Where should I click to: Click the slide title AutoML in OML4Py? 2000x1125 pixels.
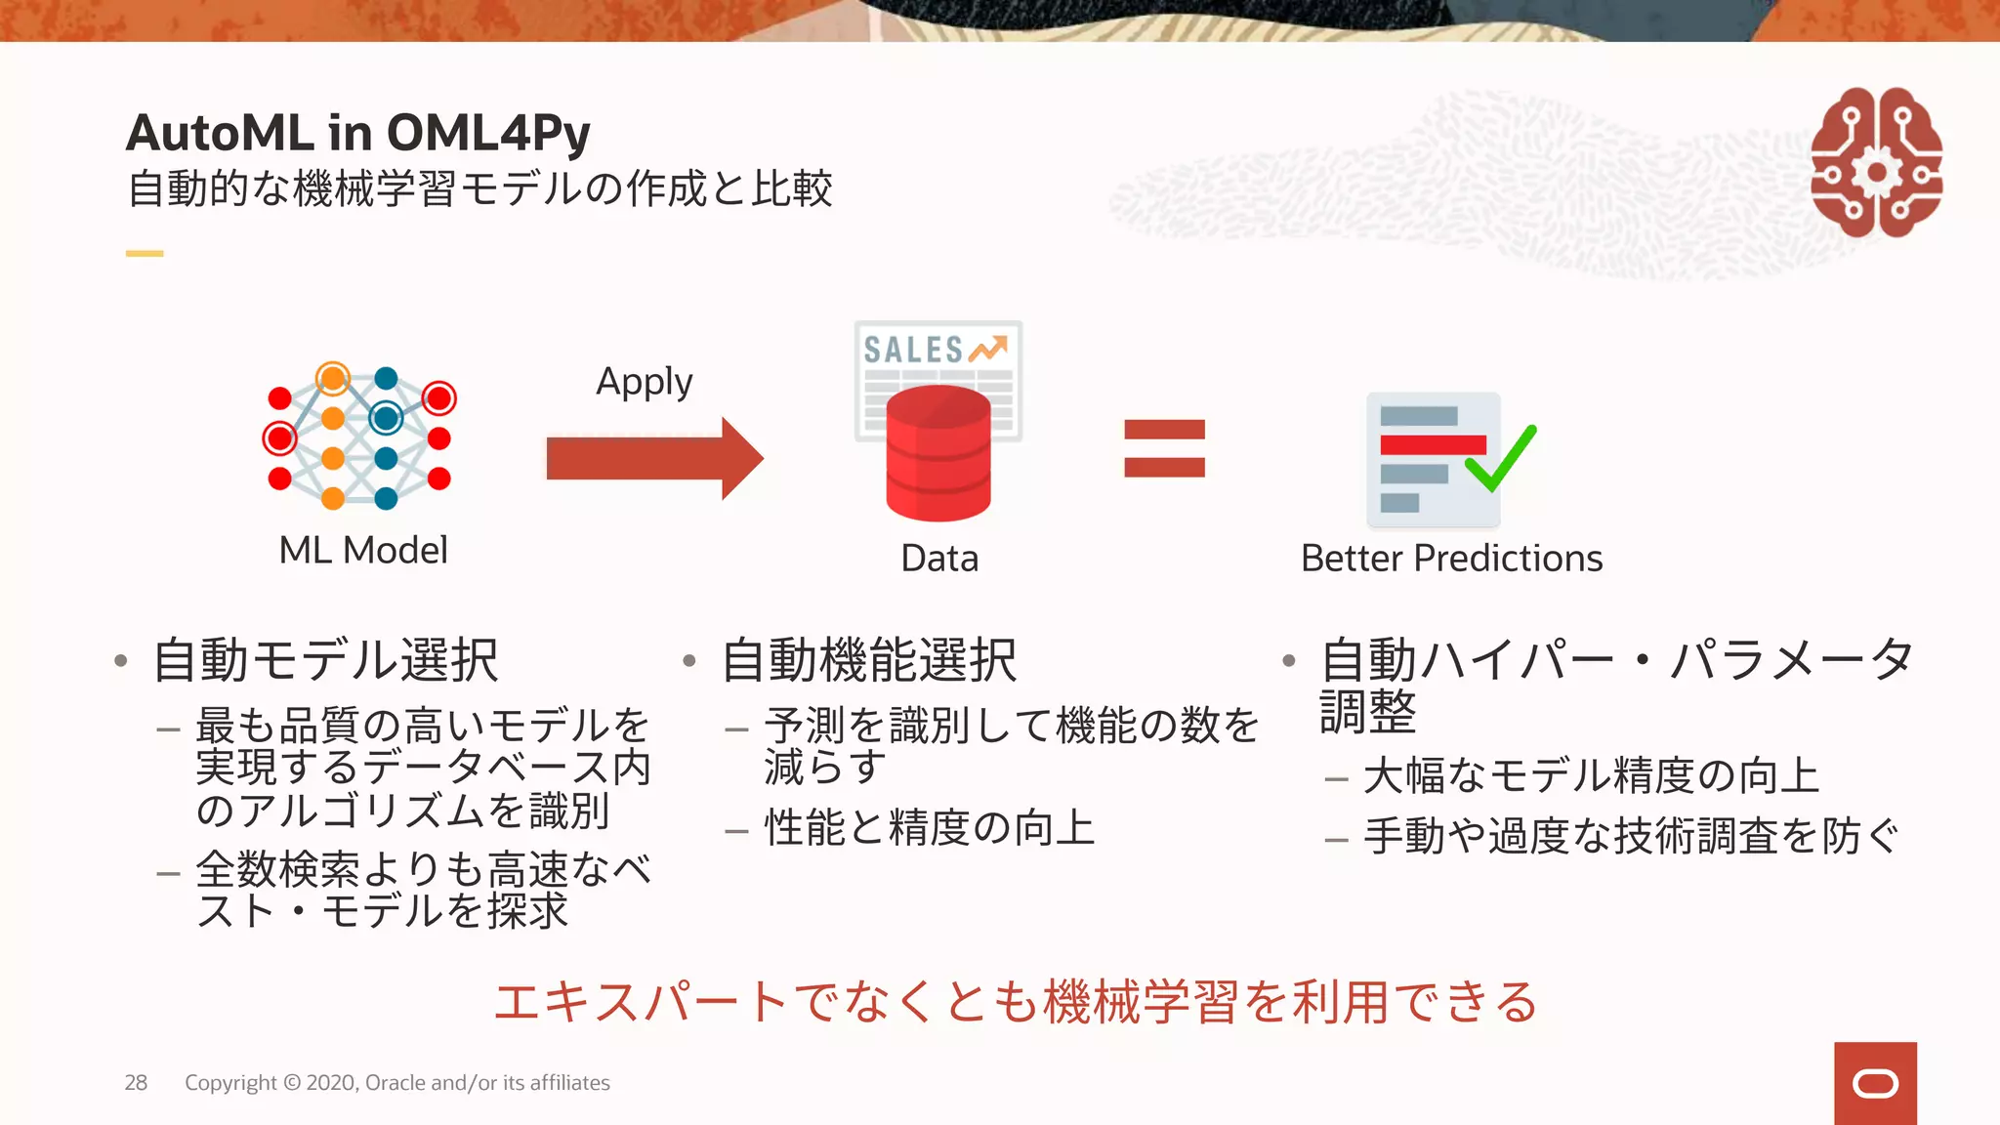pos(357,133)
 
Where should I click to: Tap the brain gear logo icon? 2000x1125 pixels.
pos(1875,163)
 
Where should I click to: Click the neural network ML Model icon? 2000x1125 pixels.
pos(359,437)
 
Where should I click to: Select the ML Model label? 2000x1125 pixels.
pos(363,550)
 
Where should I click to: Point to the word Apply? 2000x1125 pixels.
pos(645,382)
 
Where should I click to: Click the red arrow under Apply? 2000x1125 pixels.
pos(654,458)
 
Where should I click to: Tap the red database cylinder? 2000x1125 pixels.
pos(938,455)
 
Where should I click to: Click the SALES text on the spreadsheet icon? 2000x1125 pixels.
pos(913,350)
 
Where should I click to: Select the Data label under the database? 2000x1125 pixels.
pos(939,559)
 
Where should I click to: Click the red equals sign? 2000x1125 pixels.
pos(1164,448)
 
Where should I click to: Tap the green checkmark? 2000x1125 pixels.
pos(1502,459)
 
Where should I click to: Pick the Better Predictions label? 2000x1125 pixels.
pos(1451,559)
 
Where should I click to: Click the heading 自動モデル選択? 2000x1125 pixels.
pos(326,660)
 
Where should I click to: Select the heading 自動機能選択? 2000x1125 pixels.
pos(869,660)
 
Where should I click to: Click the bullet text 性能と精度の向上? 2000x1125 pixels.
pos(929,828)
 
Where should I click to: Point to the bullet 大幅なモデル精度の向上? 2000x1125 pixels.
pos(1591,776)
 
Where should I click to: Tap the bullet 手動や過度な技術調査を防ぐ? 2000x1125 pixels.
pos(1631,837)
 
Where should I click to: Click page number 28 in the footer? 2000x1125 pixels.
pos(136,1082)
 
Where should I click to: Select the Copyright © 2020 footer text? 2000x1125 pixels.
pos(396,1082)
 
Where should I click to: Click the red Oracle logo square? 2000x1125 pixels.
pos(1875,1083)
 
